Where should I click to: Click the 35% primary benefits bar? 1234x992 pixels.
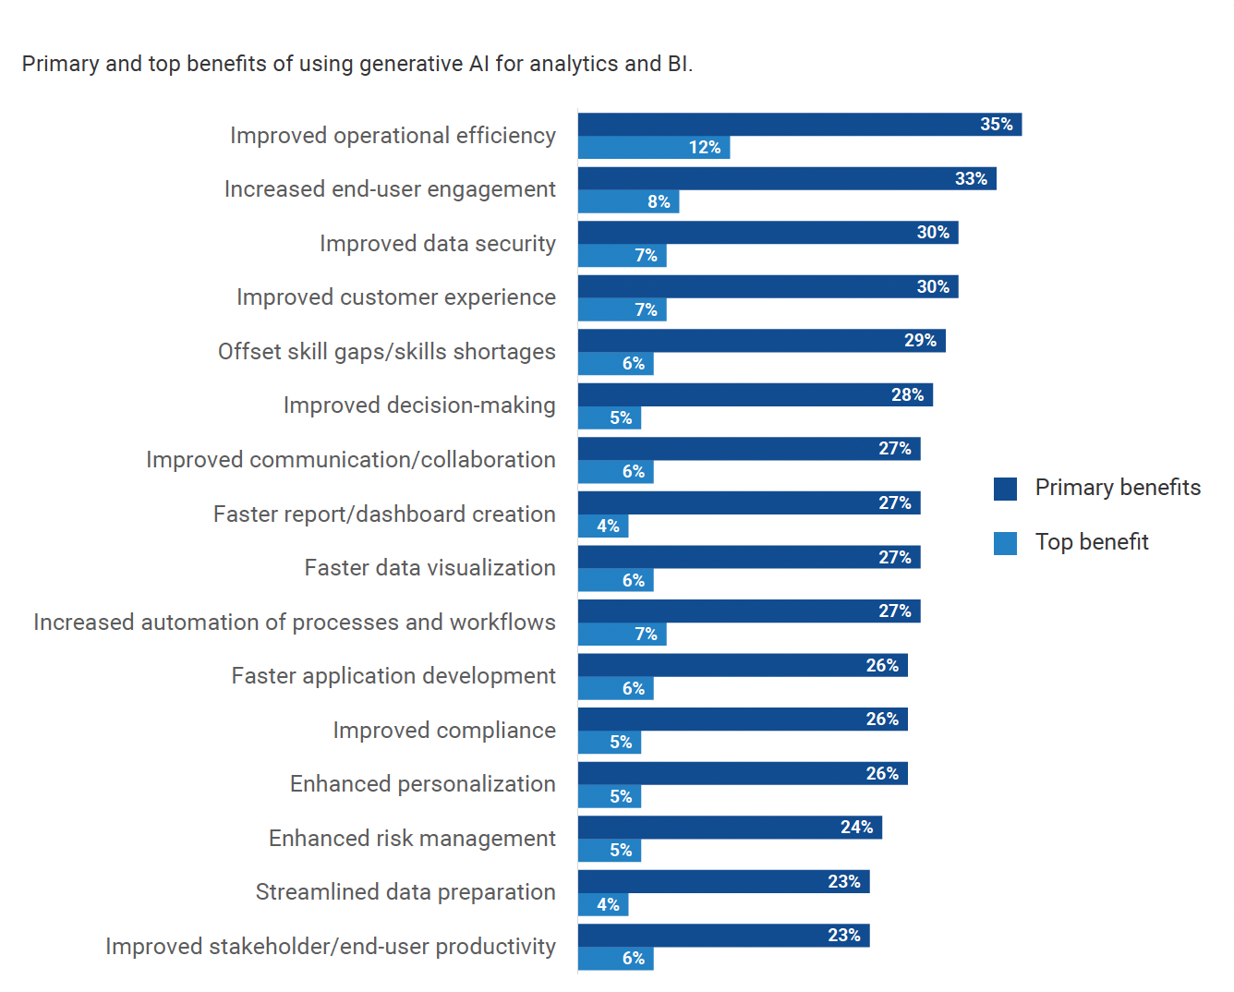[x=799, y=125]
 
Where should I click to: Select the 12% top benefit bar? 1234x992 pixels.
[x=653, y=148]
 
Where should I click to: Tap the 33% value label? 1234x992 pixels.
[x=971, y=179]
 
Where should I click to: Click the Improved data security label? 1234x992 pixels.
[x=438, y=244]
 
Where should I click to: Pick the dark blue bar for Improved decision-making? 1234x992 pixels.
[x=755, y=395]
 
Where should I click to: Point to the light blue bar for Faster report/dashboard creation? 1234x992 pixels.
[x=603, y=526]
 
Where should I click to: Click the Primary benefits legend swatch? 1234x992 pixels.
[x=1005, y=489]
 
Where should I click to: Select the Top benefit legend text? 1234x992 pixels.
[x=1092, y=542]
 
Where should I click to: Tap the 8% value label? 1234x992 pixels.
[x=659, y=201]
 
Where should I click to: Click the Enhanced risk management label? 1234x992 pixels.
[x=412, y=839]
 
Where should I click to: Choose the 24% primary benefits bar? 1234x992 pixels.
[x=730, y=828]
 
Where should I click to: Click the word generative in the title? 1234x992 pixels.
[x=411, y=64]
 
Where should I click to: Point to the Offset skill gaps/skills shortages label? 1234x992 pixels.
[x=387, y=352]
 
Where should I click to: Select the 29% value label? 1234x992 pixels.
[x=920, y=341]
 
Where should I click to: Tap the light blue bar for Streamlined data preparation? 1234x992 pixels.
[x=603, y=905]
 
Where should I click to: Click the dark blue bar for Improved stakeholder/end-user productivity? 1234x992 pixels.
[x=723, y=936]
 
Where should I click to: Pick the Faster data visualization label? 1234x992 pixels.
[x=430, y=568]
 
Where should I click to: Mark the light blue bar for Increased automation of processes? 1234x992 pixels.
[x=622, y=635]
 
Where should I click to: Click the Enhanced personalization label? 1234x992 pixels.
[x=423, y=784]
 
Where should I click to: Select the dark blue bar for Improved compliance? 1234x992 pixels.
[x=743, y=720]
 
